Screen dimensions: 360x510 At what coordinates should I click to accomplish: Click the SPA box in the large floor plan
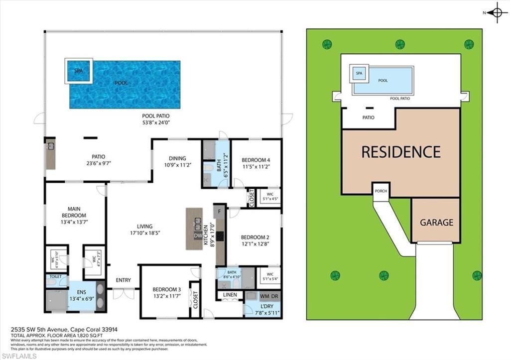[78, 71]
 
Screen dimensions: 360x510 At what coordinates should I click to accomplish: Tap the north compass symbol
[497, 13]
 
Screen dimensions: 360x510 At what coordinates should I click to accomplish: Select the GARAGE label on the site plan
[436, 223]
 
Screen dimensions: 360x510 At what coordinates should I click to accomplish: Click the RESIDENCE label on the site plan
[401, 151]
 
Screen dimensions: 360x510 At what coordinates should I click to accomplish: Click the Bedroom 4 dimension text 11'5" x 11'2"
[255, 167]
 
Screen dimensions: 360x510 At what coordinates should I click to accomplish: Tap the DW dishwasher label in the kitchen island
[198, 236]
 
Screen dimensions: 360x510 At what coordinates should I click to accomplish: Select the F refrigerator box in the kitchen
[220, 211]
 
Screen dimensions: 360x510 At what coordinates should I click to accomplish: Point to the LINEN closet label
[230, 295]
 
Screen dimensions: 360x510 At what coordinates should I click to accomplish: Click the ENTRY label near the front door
[123, 280]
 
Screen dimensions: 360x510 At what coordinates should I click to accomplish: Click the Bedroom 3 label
[166, 289]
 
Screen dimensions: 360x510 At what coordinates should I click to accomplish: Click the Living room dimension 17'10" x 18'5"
[145, 233]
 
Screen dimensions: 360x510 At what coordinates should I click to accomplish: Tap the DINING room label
[177, 158]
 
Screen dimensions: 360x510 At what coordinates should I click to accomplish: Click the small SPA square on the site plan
[359, 74]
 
